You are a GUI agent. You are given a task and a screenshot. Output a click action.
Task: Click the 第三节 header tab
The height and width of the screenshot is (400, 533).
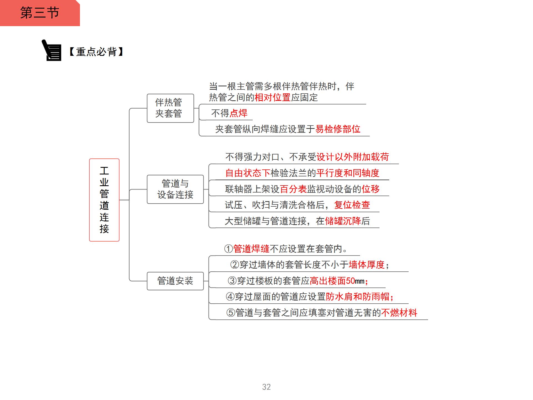(x=40, y=13)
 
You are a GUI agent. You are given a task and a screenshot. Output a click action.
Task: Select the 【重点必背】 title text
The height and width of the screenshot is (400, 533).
(x=96, y=52)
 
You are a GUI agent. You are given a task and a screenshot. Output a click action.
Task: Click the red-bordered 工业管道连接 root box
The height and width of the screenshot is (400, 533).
(x=104, y=200)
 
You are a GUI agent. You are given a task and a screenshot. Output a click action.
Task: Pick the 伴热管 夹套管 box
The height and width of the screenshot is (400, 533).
(x=170, y=108)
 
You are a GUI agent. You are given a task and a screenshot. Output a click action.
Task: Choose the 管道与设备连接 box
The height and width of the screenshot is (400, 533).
(x=175, y=189)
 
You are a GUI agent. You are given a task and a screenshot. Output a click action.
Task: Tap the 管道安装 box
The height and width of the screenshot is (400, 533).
(x=175, y=281)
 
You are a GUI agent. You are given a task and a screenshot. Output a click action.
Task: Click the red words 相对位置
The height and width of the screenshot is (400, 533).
(x=272, y=97)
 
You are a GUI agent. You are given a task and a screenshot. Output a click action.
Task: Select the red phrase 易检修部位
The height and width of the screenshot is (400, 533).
(x=338, y=129)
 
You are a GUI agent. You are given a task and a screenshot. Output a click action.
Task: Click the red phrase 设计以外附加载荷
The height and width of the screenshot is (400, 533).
(x=353, y=157)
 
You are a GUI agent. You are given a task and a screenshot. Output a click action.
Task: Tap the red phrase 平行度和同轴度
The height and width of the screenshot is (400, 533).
(x=348, y=173)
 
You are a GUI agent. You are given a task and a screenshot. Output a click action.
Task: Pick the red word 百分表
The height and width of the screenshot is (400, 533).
(x=293, y=189)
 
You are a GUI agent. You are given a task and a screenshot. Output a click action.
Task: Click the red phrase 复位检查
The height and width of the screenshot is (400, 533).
(x=352, y=205)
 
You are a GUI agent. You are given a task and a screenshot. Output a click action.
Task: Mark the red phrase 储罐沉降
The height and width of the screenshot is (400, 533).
(x=343, y=221)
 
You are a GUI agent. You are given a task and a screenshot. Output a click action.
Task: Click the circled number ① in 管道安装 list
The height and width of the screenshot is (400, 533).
(x=228, y=249)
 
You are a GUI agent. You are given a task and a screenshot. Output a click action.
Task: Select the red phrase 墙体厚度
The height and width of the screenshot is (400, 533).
(x=366, y=265)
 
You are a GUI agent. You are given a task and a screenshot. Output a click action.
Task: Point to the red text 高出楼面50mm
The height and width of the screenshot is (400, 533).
(x=337, y=281)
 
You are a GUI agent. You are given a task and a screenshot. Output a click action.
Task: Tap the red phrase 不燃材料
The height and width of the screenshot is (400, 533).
(x=399, y=313)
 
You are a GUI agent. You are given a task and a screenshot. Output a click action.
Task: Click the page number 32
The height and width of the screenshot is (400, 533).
(x=266, y=387)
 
